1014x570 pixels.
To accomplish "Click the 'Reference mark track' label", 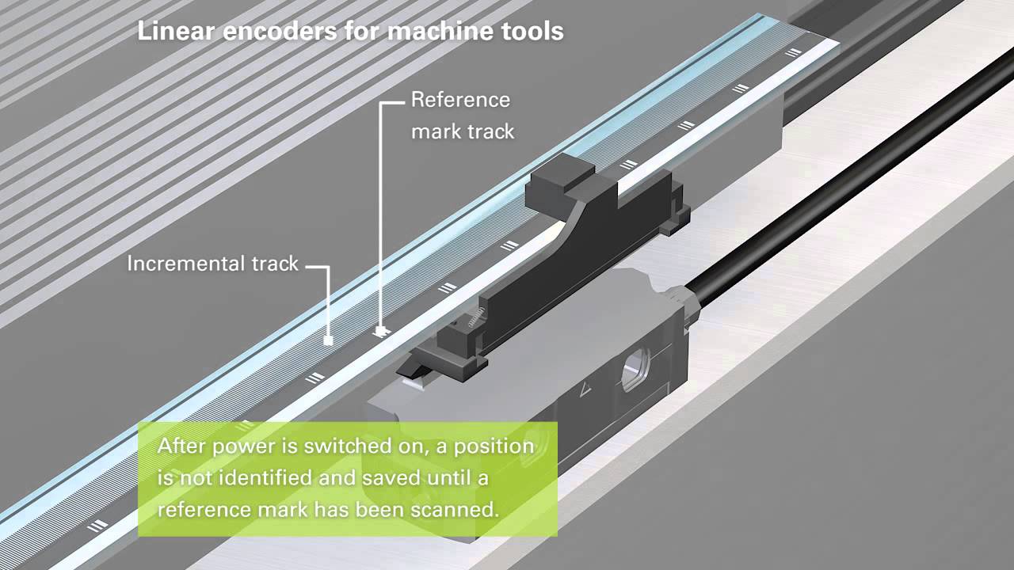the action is (462, 116).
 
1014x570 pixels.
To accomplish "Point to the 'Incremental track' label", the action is (212, 264).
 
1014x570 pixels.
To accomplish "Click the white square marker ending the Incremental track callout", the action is (328, 341).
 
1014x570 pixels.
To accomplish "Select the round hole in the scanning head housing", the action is (636, 369).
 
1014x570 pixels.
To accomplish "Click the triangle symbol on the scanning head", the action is (587, 389).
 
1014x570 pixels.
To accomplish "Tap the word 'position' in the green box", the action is (498, 446).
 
